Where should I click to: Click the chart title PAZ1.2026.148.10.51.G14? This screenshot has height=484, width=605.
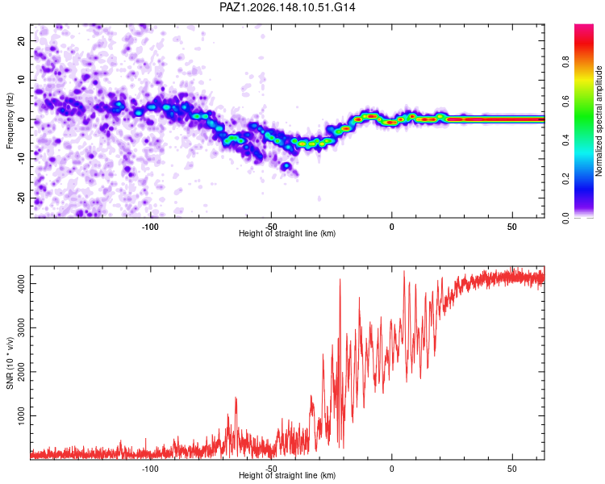coord(287,7)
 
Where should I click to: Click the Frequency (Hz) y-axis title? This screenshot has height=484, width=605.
coord(10,121)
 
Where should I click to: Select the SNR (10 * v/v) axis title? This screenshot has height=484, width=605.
coord(10,363)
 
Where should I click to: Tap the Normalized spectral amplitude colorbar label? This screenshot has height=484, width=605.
coord(599,121)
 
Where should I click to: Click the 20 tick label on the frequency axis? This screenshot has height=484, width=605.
coord(22,40)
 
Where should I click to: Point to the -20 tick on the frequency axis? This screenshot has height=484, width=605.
coord(22,198)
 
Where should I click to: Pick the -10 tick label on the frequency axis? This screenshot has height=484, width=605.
coord(22,159)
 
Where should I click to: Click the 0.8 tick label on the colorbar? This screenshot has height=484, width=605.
coord(565,62)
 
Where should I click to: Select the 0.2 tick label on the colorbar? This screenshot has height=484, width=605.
coord(565,179)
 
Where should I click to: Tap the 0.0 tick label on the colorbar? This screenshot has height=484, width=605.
coord(565,218)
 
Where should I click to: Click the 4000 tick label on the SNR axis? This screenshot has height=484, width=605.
coord(22,284)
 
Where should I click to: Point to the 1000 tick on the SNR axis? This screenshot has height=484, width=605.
coord(22,415)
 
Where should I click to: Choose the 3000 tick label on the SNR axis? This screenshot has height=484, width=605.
coord(22,328)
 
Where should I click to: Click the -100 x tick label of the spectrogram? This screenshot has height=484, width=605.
coord(150,227)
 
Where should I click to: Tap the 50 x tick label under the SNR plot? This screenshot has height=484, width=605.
coord(512,469)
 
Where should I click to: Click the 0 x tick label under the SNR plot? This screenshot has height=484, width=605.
coord(391,469)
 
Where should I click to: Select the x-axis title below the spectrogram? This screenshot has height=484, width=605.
coord(287,233)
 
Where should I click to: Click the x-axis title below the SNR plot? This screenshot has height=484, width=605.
coord(287,475)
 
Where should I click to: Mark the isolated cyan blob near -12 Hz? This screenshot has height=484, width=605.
coord(286,166)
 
